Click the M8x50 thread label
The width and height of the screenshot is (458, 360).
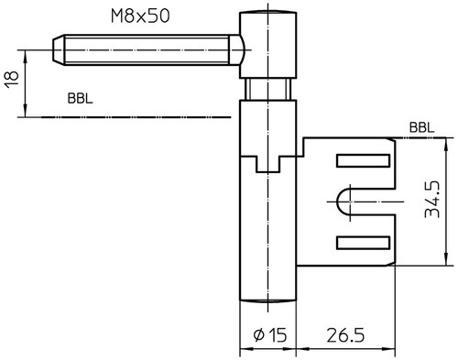pos(140,16)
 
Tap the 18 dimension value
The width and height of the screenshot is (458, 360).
pos(12,80)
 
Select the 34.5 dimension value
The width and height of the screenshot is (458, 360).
pos(432,200)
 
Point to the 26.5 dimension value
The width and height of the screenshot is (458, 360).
pos(345,335)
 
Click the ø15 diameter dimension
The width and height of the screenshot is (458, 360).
pos(270,335)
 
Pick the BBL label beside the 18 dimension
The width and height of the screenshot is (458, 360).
pos(80,99)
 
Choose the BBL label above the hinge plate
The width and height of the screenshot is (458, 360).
pos(421,127)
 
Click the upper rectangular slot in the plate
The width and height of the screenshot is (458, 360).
pos(363,161)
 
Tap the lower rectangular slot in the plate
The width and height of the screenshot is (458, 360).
pos(363,243)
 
